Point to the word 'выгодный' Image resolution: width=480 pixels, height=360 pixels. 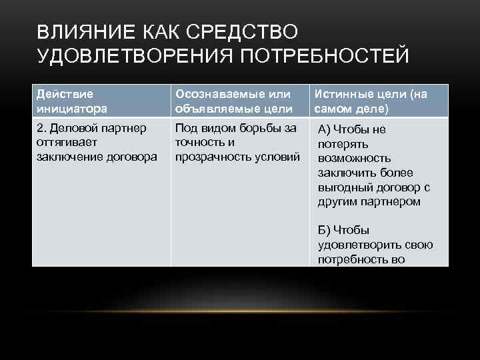point(346,188)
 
